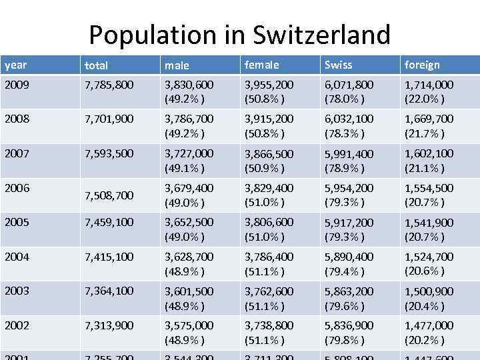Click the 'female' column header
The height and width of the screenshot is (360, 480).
point(262,65)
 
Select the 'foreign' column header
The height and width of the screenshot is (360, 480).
point(422,65)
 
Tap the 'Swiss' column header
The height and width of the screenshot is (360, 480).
point(339,65)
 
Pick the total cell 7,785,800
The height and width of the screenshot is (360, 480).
point(109,85)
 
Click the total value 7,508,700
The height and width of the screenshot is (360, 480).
point(109,195)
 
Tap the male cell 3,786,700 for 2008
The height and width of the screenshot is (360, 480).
point(189,119)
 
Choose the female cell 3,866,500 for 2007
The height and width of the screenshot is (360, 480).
point(269,153)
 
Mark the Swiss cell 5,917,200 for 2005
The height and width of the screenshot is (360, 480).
point(349,223)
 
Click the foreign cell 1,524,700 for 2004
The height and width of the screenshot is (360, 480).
point(429,257)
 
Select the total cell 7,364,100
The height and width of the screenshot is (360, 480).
point(109,291)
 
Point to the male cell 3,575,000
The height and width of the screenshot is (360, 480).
point(189,325)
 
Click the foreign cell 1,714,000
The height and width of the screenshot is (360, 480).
point(429,85)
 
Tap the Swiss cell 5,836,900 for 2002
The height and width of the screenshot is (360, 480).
point(349,325)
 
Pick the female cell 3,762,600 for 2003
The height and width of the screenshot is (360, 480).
point(269,291)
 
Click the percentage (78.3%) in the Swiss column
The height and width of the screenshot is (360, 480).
point(344,133)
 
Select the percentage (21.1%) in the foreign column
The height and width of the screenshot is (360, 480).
point(424,167)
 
